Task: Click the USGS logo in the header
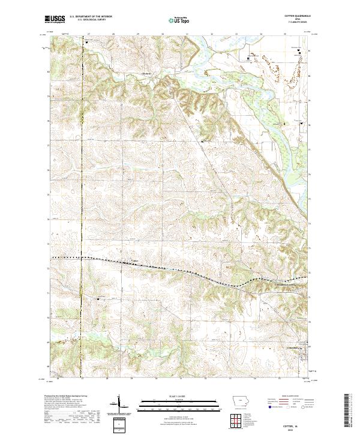click(55, 20)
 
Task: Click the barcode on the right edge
click(347, 410)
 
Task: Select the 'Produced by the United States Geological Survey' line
click(67, 397)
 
